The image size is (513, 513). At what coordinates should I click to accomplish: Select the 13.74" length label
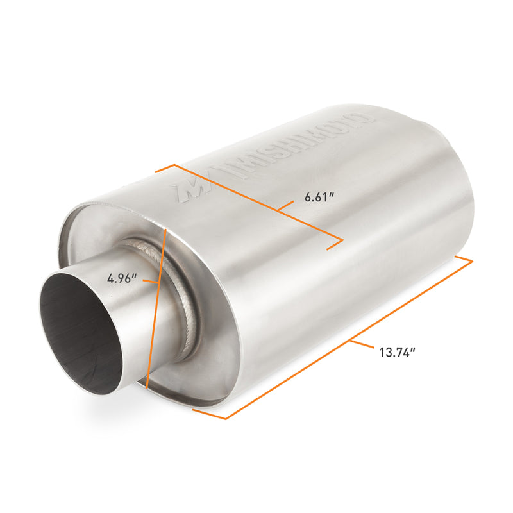397,351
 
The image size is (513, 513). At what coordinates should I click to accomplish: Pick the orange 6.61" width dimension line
256,202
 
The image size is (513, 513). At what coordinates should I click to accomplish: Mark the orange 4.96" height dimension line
157,308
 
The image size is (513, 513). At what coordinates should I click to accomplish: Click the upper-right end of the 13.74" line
471,261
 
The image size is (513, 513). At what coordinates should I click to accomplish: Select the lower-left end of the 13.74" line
226,419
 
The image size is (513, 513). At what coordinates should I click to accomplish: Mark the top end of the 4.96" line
166,227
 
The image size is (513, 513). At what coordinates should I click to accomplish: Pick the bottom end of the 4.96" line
147,389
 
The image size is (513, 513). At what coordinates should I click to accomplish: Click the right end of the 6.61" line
342,241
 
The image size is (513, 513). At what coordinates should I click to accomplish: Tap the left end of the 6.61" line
173,165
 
